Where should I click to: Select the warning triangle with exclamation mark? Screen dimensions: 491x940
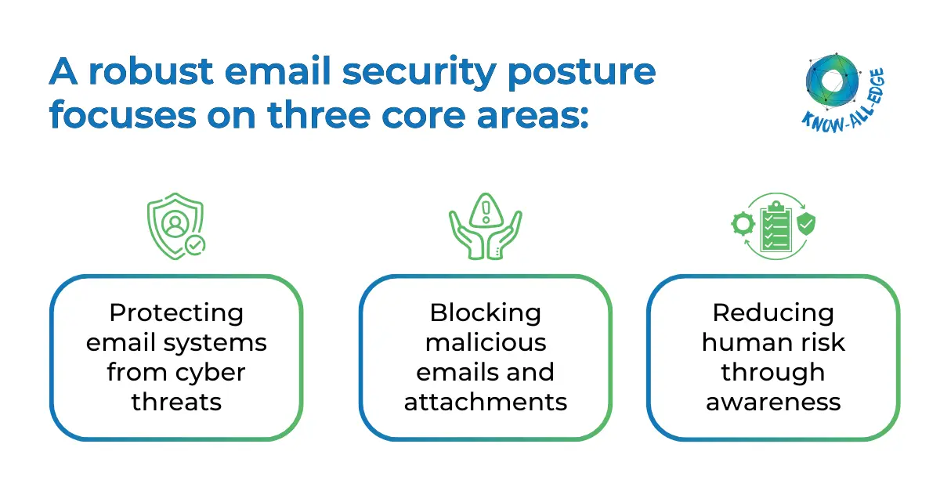[x=486, y=215]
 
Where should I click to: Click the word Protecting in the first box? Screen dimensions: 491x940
[x=176, y=313]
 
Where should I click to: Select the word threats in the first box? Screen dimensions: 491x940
[x=176, y=403]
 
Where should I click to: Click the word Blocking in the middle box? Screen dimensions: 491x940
[x=485, y=313]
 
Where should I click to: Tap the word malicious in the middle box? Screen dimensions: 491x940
[x=485, y=343]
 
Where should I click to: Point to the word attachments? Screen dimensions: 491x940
[x=485, y=403]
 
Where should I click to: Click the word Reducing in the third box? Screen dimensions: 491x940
[x=773, y=313]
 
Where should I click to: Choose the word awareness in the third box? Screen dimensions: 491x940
[x=773, y=403]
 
